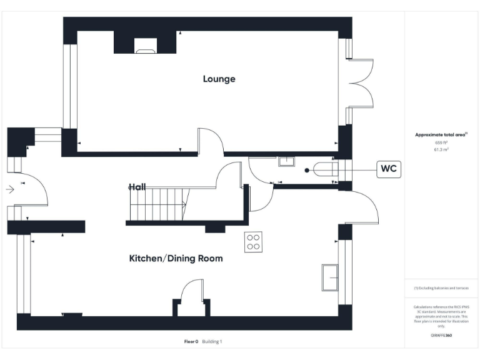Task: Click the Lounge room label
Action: pyautogui.click(x=219, y=79)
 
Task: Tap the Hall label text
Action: pyautogui.click(x=137, y=187)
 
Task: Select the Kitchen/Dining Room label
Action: pyautogui.click(x=176, y=258)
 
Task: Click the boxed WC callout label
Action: pyautogui.click(x=388, y=169)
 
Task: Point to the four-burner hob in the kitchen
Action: pyautogui.click(x=253, y=241)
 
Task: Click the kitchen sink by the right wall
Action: pyautogui.click(x=329, y=277)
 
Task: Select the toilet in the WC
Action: pyautogui.click(x=324, y=169)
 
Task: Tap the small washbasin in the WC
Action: pyautogui.click(x=287, y=162)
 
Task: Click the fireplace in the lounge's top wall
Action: pyautogui.click(x=147, y=44)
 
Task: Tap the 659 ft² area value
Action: pyautogui.click(x=441, y=143)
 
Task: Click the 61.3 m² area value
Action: pyautogui.click(x=441, y=150)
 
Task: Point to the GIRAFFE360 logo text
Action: pyautogui.click(x=441, y=336)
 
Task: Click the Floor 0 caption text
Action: pyautogui.click(x=191, y=342)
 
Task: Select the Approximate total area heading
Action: pyautogui.click(x=441, y=135)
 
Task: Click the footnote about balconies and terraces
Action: pyautogui.click(x=441, y=288)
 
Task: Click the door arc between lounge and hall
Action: pyautogui.click(x=211, y=141)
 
